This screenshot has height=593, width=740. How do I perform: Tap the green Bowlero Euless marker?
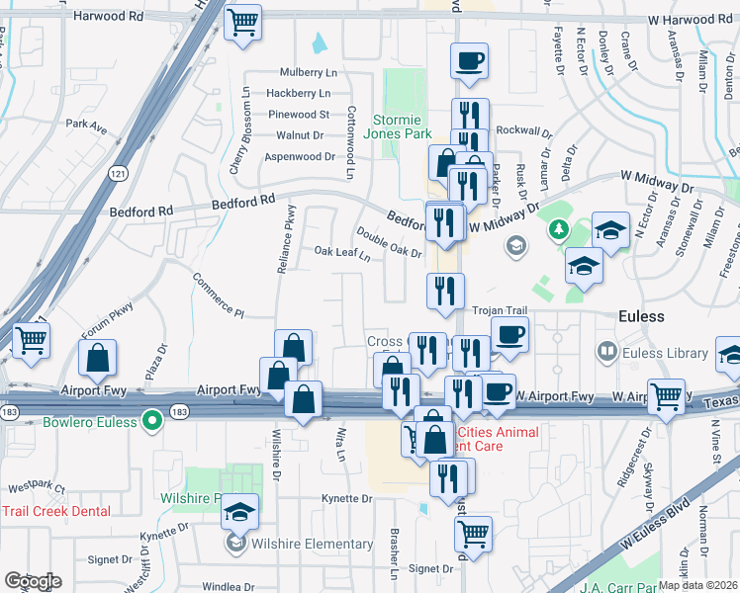151,421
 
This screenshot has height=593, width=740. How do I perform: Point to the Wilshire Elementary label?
311,544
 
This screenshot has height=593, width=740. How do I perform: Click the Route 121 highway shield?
119,174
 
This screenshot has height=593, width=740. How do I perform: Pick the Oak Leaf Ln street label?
342,254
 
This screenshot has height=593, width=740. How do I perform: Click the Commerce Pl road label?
218,294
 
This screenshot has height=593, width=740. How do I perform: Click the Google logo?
33,581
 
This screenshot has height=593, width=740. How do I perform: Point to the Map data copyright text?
698,585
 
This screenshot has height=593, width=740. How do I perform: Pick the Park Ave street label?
86,127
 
